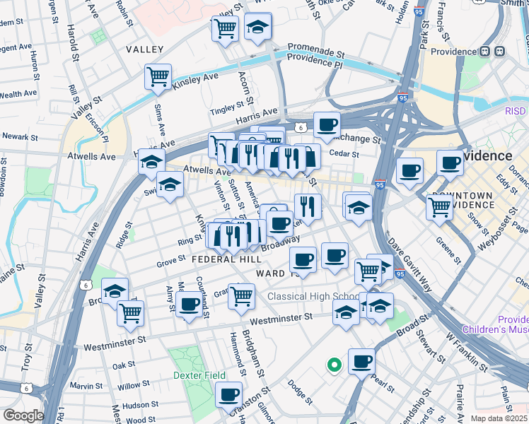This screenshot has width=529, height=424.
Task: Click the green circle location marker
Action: [334, 365]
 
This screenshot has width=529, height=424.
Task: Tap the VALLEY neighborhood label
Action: [144, 49]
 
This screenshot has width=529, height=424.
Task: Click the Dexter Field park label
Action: [201, 375]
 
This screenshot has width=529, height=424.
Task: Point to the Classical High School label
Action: [312, 295]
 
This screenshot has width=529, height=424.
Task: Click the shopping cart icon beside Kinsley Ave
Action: [158, 76]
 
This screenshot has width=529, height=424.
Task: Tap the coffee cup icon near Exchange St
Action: [327, 125]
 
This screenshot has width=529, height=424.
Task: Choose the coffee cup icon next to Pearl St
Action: [361, 361]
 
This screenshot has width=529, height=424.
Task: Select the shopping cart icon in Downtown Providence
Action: [440, 207]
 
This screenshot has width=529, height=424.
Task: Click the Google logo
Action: [23, 415]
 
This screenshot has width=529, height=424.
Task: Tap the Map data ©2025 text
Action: [499, 418]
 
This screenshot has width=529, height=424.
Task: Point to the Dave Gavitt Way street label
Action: [409, 264]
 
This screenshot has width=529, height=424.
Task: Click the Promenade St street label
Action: [315, 53]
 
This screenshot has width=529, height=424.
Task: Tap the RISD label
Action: [516, 111]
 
